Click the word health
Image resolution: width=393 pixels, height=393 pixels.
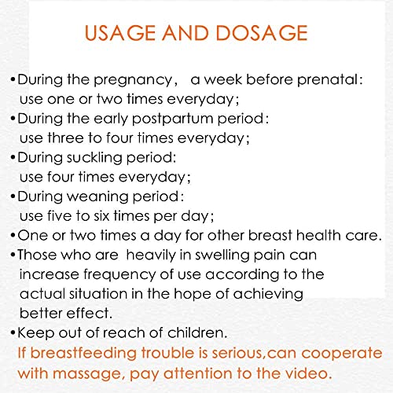click(318, 234)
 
